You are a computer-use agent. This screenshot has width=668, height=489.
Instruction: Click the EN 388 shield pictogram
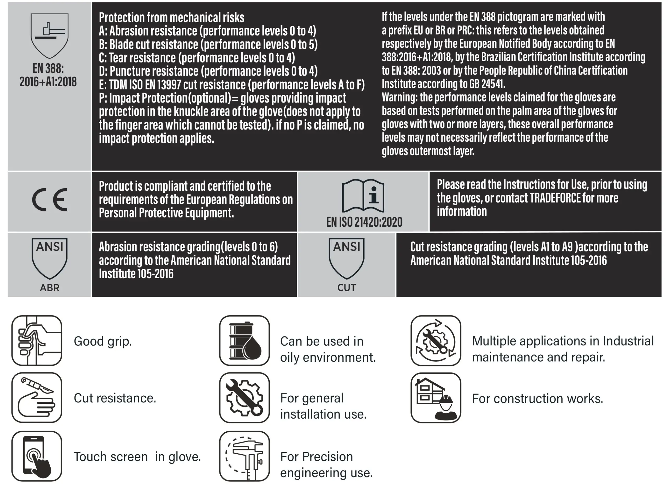[50, 35]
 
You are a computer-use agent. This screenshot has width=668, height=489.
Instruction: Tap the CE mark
[50, 200]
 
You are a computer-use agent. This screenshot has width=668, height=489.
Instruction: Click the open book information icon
[363, 196]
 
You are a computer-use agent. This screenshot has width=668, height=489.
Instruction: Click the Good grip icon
[37, 340]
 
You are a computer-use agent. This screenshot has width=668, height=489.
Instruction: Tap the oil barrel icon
[244, 340]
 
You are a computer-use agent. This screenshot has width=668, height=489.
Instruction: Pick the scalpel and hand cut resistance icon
[37, 397]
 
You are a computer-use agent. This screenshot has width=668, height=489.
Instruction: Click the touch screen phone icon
[37, 456]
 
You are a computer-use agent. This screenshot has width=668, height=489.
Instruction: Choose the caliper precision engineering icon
[244, 456]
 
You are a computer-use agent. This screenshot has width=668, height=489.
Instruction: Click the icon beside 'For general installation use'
[244, 397]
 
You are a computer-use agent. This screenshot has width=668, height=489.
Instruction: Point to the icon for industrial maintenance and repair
[436, 340]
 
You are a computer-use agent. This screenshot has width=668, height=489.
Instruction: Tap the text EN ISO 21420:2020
[364, 222]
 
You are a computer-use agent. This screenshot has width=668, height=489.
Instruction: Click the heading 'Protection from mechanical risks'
[171, 17]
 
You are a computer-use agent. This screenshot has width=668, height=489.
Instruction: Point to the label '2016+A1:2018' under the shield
[48, 82]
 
